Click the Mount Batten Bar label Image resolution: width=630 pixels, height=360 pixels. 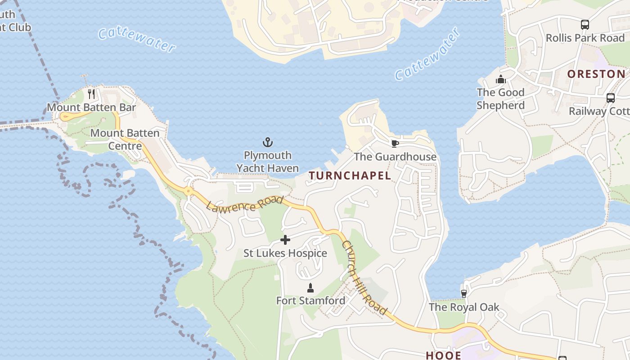pos(91,108)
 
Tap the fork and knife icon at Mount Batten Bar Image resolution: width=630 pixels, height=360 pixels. pos(91,94)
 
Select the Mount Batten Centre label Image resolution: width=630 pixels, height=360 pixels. pos(125,139)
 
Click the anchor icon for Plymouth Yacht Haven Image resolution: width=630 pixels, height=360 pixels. pos(268,143)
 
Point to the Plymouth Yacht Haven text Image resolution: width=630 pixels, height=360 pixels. pos(268,162)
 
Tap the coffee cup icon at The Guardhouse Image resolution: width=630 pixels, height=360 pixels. pos(395,144)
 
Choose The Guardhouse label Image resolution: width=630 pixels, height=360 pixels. pos(395,157)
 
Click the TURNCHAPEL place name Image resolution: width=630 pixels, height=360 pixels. pos(350,176)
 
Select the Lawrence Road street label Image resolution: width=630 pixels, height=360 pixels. pos(244,203)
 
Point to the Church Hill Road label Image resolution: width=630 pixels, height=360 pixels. pos(364,278)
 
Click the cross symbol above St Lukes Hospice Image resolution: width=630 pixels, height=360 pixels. pos(285,240)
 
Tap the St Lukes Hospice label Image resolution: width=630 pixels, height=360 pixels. pos(285,253)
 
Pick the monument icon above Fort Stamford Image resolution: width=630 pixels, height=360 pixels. pos(310,288)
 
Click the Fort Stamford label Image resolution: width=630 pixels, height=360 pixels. pos(310,301)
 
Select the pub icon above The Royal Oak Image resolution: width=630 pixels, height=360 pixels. pos(464,293)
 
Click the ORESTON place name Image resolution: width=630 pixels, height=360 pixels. pos(596,74)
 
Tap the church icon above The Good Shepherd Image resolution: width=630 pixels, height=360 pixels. pos(501,80)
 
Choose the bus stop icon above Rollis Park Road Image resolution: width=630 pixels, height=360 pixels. pos(585,25)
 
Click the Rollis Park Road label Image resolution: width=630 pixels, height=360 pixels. pos(585,38)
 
